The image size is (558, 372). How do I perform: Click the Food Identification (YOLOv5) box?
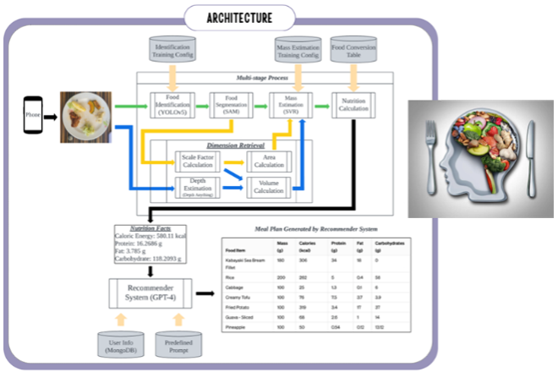(172, 107)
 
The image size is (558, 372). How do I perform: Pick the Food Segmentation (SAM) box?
(231, 107)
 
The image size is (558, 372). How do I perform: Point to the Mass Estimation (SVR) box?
(289, 107)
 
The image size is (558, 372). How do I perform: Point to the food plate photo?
(85, 116)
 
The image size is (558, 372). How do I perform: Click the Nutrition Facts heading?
(139, 229)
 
